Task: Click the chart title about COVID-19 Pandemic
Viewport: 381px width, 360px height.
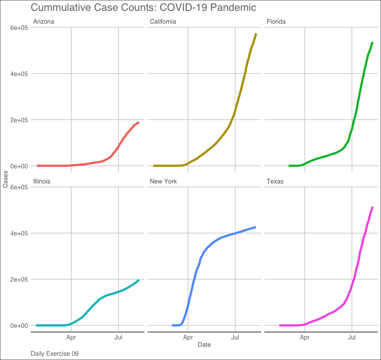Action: point(143,7)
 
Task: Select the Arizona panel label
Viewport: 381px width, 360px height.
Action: point(43,22)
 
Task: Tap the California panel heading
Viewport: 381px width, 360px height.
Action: point(163,22)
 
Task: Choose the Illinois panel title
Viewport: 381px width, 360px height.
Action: point(42,181)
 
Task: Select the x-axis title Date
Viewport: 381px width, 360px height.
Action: point(204,344)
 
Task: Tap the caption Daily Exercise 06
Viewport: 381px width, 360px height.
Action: point(54,354)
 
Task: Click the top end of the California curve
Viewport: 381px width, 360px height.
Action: point(256,35)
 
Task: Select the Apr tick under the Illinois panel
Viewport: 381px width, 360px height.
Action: point(71,337)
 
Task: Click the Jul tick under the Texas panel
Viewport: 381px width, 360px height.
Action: point(352,337)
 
